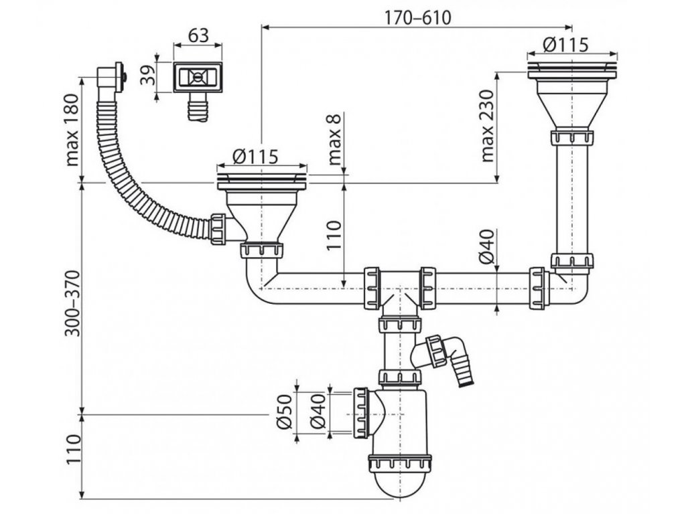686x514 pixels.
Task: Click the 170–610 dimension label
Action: [417, 18]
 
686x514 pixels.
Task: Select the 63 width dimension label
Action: [197, 36]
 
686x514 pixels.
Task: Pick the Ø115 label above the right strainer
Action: [565, 45]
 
